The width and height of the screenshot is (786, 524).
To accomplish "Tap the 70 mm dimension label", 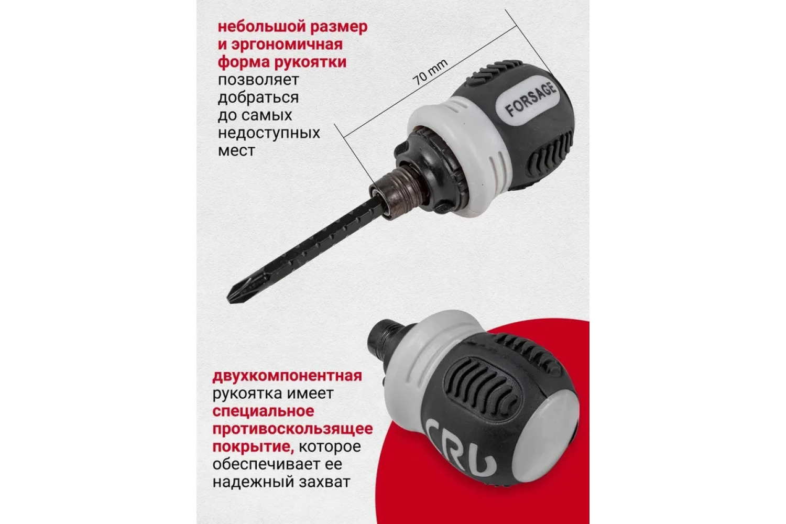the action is [x=430, y=72].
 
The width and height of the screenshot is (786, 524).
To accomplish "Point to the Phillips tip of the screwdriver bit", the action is [x=236, y=294].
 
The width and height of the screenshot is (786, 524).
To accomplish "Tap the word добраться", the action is [x=258, y=97].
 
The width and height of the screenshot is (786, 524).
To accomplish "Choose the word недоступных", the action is [x=269, y=134].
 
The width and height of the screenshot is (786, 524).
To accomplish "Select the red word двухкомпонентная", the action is [x=287, y=376].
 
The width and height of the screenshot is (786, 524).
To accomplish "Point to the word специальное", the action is [x=263, y=411].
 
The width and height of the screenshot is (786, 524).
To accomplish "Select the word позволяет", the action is [x=258, y=80].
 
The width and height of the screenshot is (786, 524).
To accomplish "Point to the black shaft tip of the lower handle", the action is [x=384, y=335].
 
